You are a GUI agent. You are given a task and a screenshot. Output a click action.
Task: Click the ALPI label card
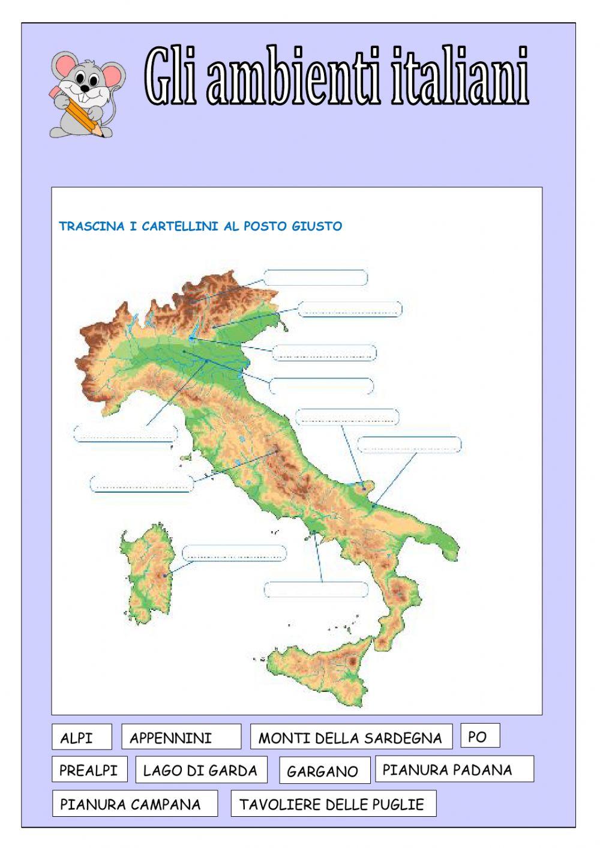tap(82, 737)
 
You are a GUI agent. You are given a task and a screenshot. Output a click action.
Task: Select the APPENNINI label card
tap(181, 737)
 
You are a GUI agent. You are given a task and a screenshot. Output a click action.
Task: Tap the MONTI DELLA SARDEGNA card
tap(350, 737)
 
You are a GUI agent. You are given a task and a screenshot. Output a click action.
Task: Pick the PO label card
tap(479, 736)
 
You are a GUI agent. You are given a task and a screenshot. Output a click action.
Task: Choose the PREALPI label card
tap(89, 769)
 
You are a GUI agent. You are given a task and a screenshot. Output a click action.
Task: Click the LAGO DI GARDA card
tap(200, 769)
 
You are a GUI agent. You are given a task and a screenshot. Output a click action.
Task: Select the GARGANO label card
tap(324, 771)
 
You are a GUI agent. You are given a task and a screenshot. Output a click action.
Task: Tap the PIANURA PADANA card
tap(454, 769)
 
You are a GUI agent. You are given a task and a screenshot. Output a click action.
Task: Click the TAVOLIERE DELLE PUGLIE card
tap(333, 804)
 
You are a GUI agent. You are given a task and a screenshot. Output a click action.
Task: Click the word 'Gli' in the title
tap(170, 77)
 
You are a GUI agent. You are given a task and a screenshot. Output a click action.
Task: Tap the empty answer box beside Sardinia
tap(234, 553)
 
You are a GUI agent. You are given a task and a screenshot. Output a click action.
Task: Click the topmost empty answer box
tap(316, 277)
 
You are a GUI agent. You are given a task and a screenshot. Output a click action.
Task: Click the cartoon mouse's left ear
tap(62, 63)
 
